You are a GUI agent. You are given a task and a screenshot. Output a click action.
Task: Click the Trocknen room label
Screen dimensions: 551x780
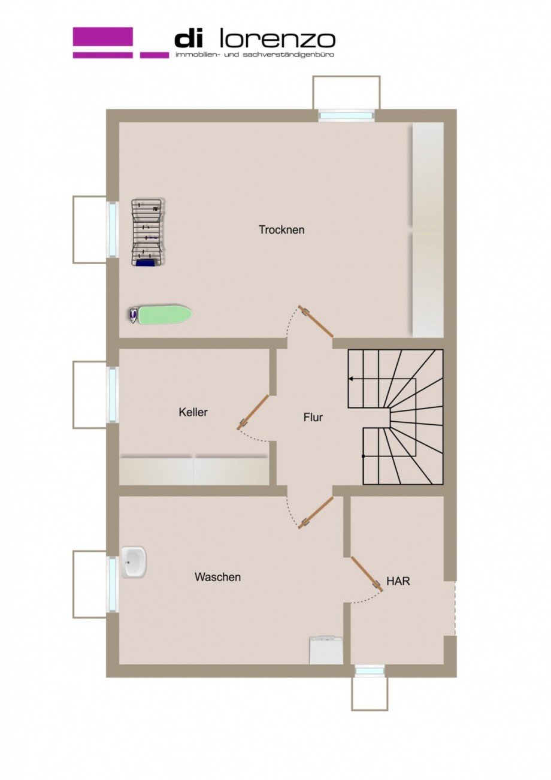click(x=281, y=230)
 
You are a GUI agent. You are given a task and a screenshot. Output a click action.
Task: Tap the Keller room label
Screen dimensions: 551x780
click(x=193, y=412)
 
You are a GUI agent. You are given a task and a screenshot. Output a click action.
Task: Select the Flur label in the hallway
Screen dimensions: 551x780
click(x=313, y=417)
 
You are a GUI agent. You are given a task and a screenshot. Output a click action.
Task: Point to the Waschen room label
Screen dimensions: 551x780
click(x=217, y=577)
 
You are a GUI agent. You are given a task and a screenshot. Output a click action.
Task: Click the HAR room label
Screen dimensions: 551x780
click(x=398, y=581)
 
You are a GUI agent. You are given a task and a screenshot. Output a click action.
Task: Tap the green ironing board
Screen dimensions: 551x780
click(x=160, y=315)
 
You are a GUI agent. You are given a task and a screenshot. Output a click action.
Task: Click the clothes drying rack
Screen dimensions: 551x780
click(x=148, y=232)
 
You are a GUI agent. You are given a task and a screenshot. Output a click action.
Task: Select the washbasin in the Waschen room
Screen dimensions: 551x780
click(x=134, y=562)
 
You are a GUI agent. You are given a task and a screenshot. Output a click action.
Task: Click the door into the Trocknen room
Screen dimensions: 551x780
click(x=316, y=321)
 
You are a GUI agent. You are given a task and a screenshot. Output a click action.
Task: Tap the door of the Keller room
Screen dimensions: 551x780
click(x=253, y=412)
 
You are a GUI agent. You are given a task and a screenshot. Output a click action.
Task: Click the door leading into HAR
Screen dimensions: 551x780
click(x=367, y=574)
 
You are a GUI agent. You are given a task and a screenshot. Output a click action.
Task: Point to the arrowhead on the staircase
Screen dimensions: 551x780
click(x=350, y=379)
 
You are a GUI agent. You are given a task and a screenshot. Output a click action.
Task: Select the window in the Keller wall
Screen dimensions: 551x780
click(x=113, y=395)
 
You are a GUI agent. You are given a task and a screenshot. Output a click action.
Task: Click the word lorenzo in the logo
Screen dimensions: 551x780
click(x=278, y=40)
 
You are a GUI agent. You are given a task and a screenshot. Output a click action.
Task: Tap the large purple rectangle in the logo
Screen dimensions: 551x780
click(x=102, y=37)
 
